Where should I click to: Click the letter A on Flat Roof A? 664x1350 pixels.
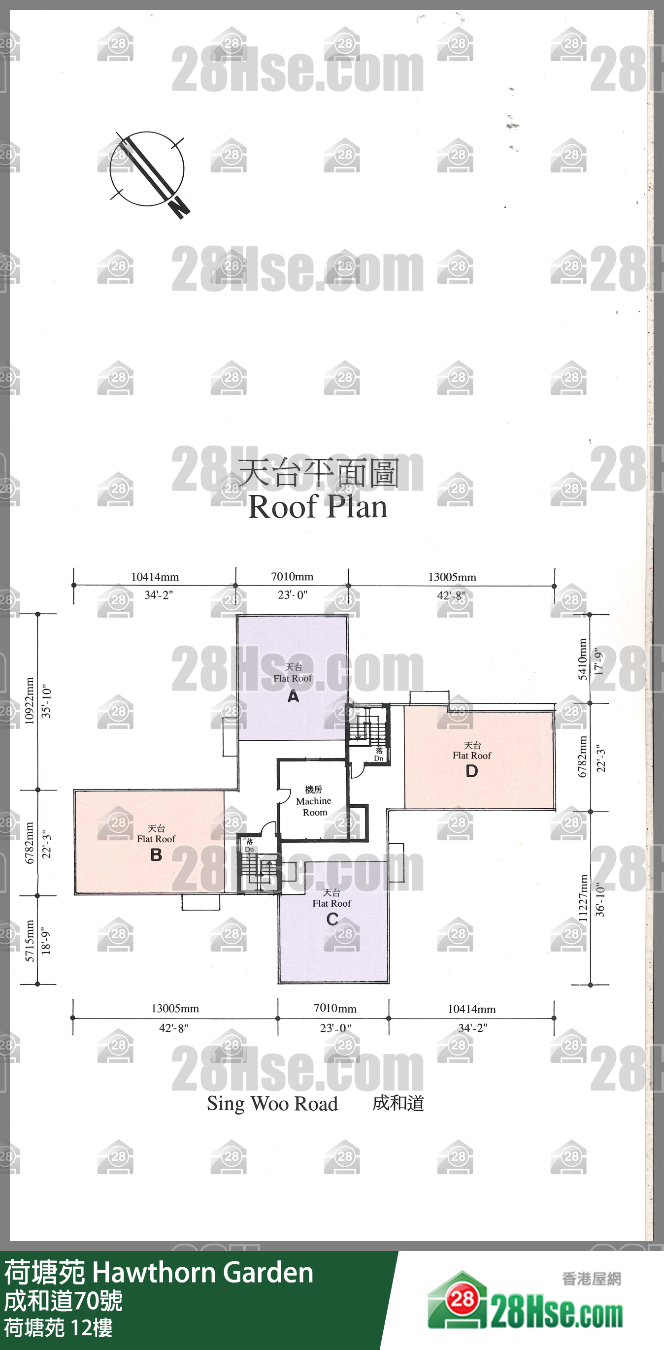pyautogui.click(x=293, y=696)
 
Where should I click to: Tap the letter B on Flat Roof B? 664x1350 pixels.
pyautogui.click(x=156, y=855)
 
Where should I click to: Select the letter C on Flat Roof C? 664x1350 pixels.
pyautogui.click(x=332, y=919)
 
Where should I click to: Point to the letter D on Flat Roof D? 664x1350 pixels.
pyautogui.click(x=472, y=771)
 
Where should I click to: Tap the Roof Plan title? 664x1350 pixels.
pyautogui.click(x=318, y=507)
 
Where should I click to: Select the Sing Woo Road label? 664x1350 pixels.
pyautogui.click(x=272, y=1104)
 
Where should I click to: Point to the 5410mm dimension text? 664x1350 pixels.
pyautogui.click(x=583, y=659)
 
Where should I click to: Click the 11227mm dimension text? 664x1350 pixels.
pyautogui.click(x=583, y=898)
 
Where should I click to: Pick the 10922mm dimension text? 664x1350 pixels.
pyautogui.click(x=30, y=701)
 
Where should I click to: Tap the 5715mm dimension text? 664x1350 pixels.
pyautogui.click(x=30, y=941)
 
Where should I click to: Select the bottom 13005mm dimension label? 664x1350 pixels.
pyautogui.click(x=175, y=1008)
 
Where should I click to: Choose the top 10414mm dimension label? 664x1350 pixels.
pyautogui.click(x=155, y=577)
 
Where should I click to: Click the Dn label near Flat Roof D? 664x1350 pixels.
pyautogui.click(x=378, y=758)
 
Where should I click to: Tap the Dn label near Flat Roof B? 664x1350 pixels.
pyautogui.click(x=249, y=850)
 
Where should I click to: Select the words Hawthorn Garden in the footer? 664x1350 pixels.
pyautogui.click(x=203, y=1273)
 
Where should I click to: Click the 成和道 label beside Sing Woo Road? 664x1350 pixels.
pyautogui.click(x=398, y=1103)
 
